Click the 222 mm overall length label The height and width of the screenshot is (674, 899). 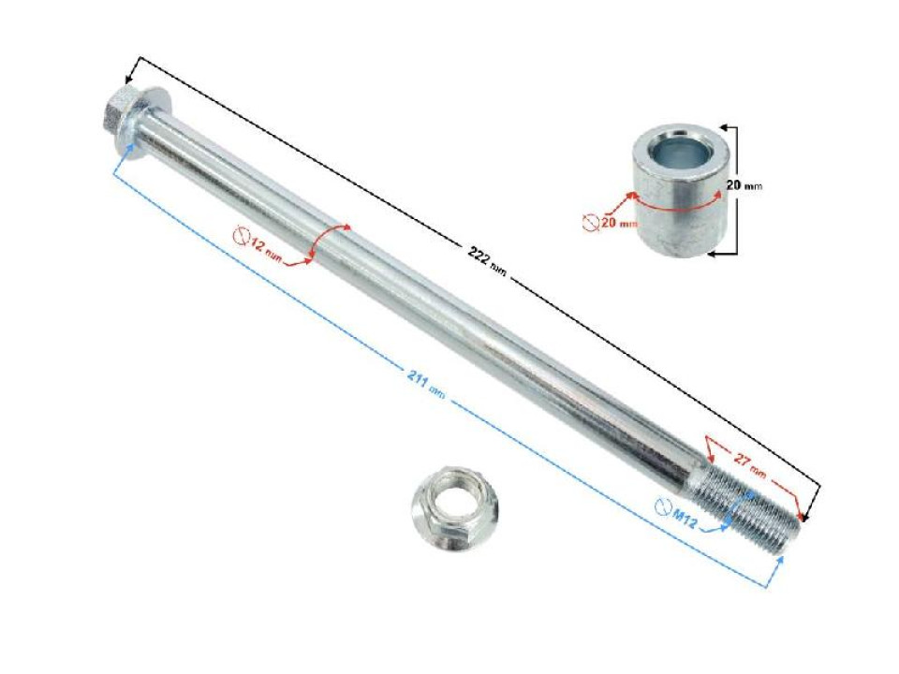click(x=487, y=262)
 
